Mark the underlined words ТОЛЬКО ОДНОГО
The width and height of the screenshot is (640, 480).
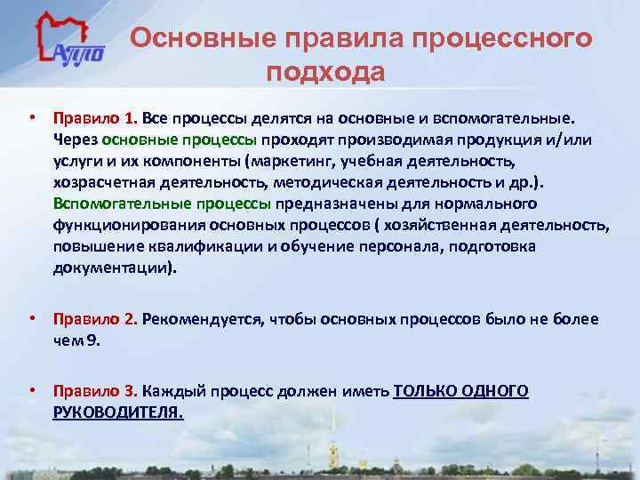tap(460, 391)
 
